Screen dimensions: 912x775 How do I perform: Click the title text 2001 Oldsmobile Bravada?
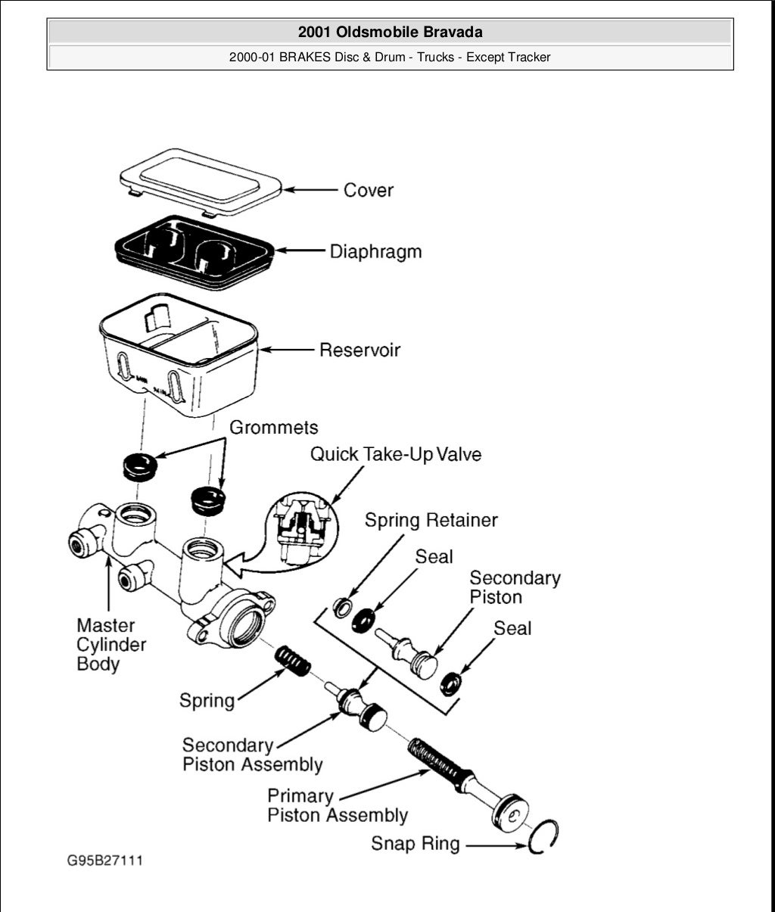390,32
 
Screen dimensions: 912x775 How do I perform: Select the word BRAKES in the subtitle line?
305,58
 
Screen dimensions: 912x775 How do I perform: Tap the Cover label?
368,190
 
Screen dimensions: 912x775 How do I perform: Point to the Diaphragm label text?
375,251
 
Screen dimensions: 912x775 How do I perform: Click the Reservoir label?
359,350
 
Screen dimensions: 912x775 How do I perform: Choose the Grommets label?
273,428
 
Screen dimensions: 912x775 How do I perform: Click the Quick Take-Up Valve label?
396,454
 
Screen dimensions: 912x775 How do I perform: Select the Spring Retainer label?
431,520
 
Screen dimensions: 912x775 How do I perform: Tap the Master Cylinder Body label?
110,645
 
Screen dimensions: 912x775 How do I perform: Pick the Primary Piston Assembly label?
337,806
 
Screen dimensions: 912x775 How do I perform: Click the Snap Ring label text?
415,843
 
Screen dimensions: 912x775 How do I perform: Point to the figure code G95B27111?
104,861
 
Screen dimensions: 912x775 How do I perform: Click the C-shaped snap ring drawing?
543,837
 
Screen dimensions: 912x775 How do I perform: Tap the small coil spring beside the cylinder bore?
291,659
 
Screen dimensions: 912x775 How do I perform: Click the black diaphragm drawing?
194,251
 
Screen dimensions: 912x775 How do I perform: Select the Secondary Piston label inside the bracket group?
515,587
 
